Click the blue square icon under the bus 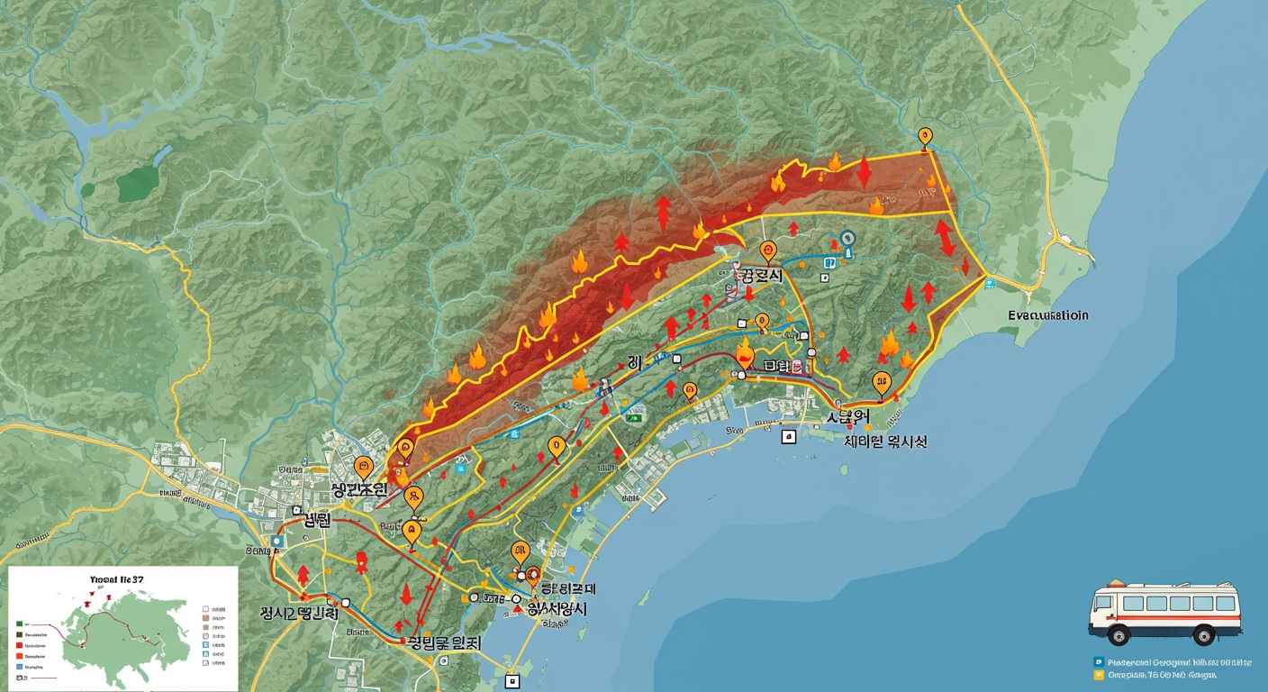pos(1098,661)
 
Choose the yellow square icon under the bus pos(1098,674)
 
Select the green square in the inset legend pos(19,622)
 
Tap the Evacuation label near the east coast pos(1047,315)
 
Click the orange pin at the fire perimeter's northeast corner pos(924,137)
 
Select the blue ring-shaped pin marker pos(846,239)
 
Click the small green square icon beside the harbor pos(637,416)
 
